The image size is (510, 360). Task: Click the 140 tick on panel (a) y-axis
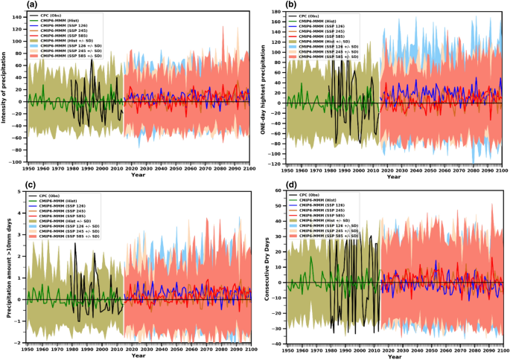click(x=17, y=14)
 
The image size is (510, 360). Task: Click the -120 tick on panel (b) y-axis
click(x=271, y=162)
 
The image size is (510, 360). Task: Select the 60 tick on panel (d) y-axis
click(x=276, y=191)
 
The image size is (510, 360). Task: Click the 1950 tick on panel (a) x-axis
click(x=28, y=169)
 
